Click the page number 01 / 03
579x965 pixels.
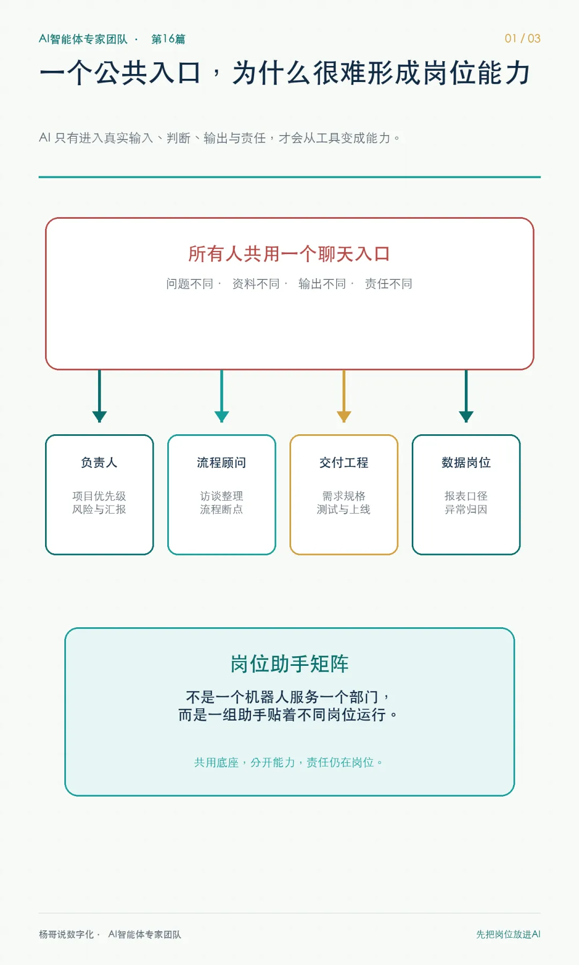pyautogui.click(x=522, y=39)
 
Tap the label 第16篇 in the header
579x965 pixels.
pyautogui.click(x=168, y=39)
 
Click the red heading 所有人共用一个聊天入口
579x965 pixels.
pyautogui.click(x=289, y=254)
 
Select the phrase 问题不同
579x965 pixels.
pyautogui.click(x=190, y=284)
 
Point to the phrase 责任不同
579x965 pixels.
pyautogui.click(x=389, y=284)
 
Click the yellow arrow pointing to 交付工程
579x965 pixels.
pyautogui.click(x=344, y=396)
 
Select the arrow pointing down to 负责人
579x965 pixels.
pyautogui.click(x=100, y=396)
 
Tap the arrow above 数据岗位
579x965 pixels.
pyautogui.click(x=466, y=396)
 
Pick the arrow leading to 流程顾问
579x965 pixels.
pyautogui.click(x=222, y=396)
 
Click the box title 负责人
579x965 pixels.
pyautogui.click(x=99, y=463)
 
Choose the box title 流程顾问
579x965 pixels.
pyautogui.click(x=221, y=463)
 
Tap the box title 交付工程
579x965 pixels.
pyautogui.click(x=344, y=463)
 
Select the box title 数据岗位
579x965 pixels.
pyautogui.click(x=466, y=463)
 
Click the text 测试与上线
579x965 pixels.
pyautogui.click(x=344, y=509)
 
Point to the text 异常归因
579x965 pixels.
pyautogui.click(x=466, y=509)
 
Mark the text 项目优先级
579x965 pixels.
pyautogui.click(x=99, y=496)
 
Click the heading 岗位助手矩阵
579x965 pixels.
pyautogui.click(x=289, y=664)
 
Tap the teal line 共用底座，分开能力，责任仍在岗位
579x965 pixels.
pyautogui.click(x=288, y=762)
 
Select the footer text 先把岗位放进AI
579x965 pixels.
pyautogui.click(x=508, y=934)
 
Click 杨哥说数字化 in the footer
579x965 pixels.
pyautogui.click(x=66, y=934)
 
